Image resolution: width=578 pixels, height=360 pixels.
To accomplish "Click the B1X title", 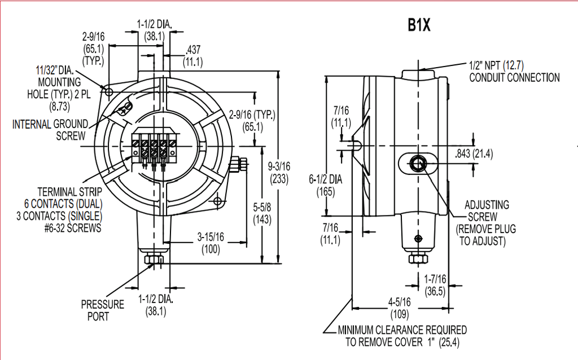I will pos(419,27).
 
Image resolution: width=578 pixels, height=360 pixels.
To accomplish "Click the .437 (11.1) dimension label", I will pos(194,56).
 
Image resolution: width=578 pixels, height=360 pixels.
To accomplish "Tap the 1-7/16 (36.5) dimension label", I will pos(435,285).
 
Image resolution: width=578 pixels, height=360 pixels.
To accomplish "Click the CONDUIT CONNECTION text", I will pos(514,77).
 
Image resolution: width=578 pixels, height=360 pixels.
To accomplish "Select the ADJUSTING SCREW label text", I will pos(486,210).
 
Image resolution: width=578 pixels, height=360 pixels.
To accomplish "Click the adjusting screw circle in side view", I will pos(418,164).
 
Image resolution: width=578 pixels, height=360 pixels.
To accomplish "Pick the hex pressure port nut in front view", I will pos(153,259).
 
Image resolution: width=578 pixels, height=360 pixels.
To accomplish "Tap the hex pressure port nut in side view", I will pos(417,258).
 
